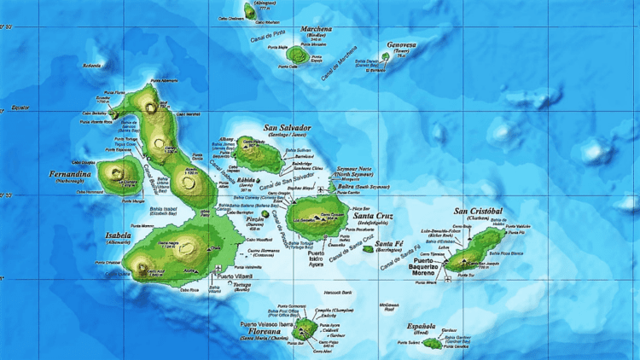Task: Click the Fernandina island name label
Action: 70,174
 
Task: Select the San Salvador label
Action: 287,129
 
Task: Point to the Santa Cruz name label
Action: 372,216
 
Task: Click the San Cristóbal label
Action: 479,211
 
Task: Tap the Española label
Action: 422,327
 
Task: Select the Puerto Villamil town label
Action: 234,276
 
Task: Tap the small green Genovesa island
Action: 386,56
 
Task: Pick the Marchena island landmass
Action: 300,54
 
